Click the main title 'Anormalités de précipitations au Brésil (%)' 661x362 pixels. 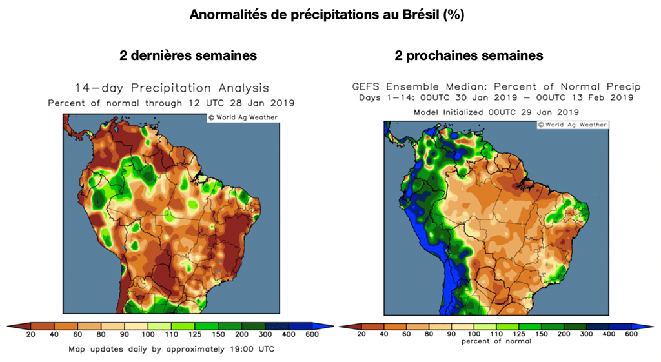(x=327, y=15)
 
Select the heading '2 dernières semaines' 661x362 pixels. (x=188, y=55)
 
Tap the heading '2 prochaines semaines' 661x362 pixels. (x=469, y=55)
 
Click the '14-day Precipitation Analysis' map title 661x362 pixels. (x=172, y=88)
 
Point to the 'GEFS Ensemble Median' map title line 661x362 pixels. (x=496, y=86)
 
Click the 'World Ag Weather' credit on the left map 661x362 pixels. (x=243, y=117)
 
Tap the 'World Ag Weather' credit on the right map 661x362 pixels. (x=573, y=125)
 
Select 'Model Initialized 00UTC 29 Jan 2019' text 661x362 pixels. (x=496, y=112)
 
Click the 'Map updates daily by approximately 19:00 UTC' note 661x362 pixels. (x=172, y=349)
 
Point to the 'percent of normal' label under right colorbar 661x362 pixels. (x=496, y=341)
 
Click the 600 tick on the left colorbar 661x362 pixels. (x=311, y=334)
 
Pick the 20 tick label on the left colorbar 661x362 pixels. (x=31, y=334)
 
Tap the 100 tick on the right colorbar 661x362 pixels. (x=474, y=334)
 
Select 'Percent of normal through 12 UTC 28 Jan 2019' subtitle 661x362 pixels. (x=172, y=103)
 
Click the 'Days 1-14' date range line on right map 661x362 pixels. (x=496, y=97)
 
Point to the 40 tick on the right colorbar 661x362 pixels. (x=383, y=334)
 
